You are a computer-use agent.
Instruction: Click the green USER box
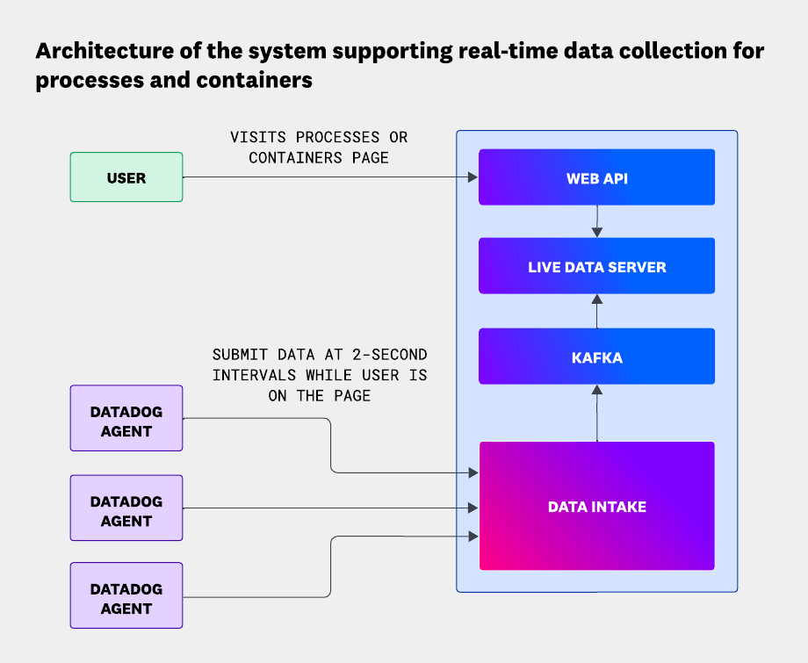(126, 177)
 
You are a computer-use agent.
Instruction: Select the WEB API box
(596, 177)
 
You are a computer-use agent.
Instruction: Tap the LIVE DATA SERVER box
(596, 266)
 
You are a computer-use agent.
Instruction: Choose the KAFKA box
(596, 357)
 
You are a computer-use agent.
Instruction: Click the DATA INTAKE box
(596, 506)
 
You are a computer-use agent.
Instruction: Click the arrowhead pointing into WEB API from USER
(473, 177)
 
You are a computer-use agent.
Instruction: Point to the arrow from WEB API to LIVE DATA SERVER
(597, 221)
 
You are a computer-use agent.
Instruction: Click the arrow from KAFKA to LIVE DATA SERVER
(597, 311)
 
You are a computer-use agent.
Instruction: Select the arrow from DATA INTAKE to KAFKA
(597, 413)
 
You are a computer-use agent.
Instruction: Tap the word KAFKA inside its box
(596, 357)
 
